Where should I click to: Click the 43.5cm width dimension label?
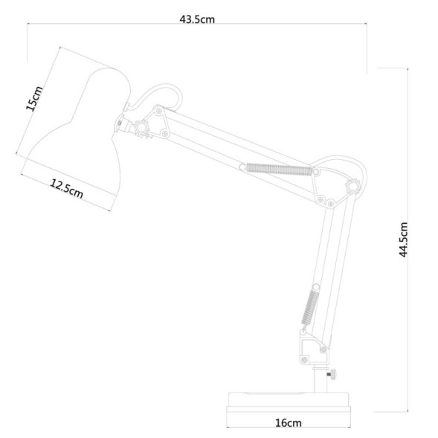tap(197, 19)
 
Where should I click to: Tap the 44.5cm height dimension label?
tap(404, 239)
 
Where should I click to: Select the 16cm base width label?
tap(289, 423)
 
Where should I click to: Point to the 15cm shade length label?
tap(34, 98)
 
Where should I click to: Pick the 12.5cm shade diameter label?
tap(66, 189)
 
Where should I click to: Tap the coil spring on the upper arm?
tap(279, 170)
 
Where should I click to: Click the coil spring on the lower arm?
tap(310, 307)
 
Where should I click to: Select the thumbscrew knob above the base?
tap(332, 374)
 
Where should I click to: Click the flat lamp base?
tap(289, 402)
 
